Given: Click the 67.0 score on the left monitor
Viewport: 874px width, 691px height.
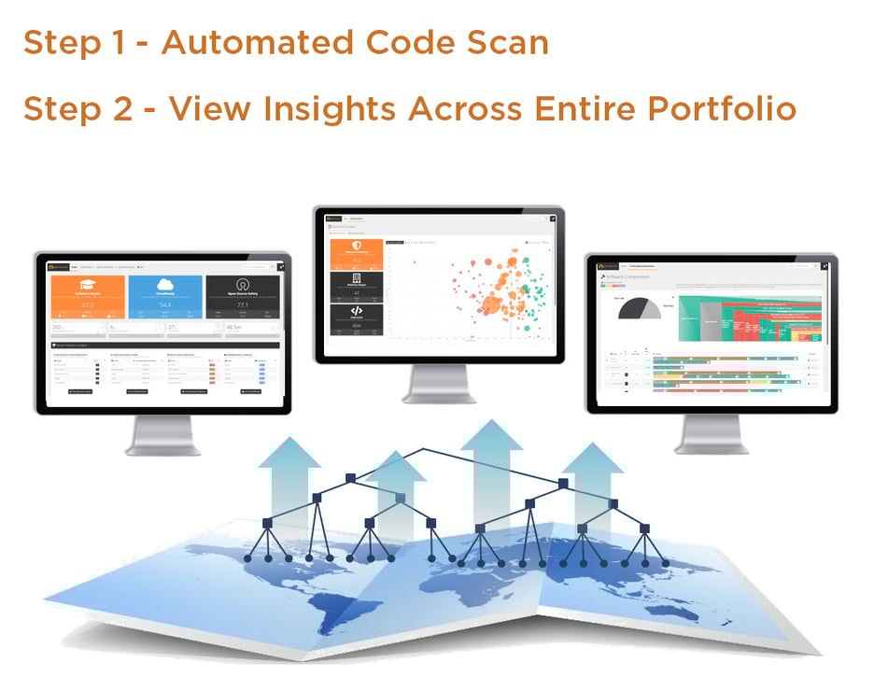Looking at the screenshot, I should point(89,305).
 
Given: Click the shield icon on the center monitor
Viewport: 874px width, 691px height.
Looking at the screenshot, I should point(356,247).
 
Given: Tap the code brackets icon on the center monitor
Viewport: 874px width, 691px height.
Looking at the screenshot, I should point(356,311).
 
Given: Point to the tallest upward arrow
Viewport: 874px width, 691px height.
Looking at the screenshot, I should point(492,476).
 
